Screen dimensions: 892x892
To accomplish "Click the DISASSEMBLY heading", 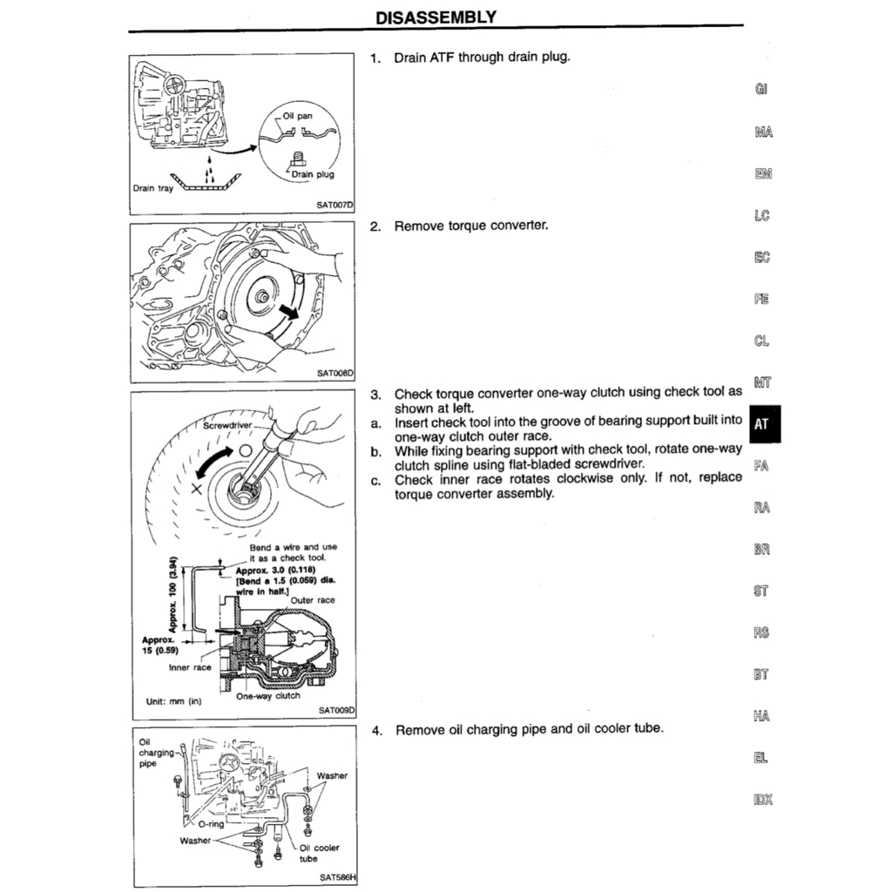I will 436,17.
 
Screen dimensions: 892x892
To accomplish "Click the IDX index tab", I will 761,800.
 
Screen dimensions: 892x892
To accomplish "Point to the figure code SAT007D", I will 336,206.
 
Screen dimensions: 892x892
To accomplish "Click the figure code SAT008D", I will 336,373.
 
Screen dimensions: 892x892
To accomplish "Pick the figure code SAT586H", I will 336,877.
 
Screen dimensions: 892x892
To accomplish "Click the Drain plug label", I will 313,174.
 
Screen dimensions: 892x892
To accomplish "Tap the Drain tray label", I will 152,187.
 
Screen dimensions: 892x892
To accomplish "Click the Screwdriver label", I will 227,427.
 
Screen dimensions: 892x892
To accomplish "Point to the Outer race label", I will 313,600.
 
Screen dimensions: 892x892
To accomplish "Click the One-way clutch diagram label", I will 268,695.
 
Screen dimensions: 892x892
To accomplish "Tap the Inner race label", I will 191,667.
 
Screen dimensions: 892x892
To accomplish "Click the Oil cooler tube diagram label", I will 320,853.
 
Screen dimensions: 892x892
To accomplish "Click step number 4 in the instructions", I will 377,730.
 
